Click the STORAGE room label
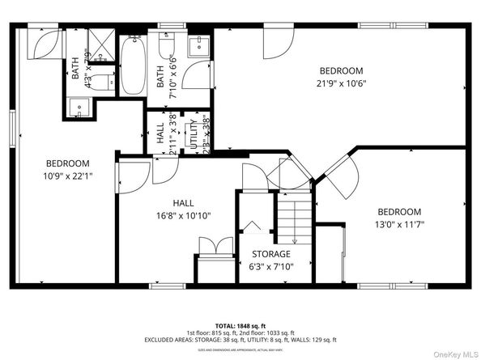pos(270,254)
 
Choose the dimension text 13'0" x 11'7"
pos(398,224)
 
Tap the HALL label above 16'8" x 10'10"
pos(182,204)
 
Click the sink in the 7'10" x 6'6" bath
pos(197,47)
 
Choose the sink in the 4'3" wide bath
pos(79,107)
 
